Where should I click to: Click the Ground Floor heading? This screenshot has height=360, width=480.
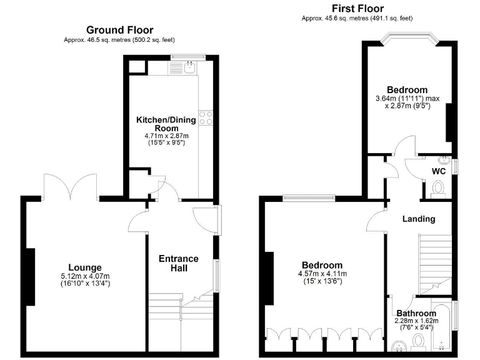pos(119,29)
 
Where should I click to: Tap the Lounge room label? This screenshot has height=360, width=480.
pos(86,267)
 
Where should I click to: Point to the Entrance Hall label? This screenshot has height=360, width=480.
pos(178,263)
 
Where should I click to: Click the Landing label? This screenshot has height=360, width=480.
pos(418,219)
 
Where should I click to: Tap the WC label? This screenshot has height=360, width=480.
pos(439,171)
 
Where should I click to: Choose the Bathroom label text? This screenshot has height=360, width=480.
pos(416,313)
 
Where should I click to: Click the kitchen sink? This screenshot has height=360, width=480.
pos(191,67)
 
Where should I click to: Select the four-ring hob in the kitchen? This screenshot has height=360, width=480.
pos(207,117)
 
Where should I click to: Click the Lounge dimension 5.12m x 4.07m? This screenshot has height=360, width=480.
pos(86,277)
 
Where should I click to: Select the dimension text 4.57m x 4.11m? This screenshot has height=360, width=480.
pos(319,274)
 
